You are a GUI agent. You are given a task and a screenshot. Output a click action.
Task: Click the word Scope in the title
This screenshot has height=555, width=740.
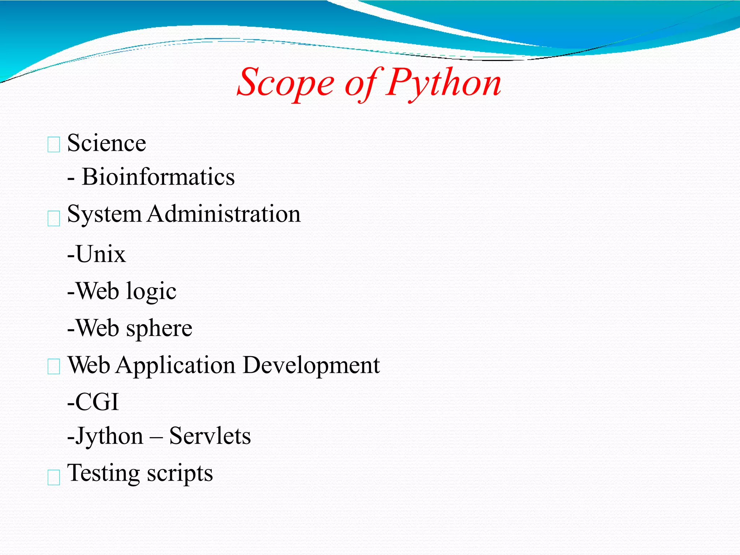coord(285,84)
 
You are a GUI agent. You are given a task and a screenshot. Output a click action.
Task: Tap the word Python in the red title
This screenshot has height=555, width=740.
coord(443,84)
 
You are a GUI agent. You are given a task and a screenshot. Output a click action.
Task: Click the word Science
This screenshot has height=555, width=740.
coord(107,143)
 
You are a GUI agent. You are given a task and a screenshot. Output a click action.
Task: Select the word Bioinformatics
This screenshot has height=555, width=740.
coord(158,177)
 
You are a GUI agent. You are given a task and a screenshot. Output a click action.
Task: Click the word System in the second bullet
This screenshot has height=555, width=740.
coord(104,214)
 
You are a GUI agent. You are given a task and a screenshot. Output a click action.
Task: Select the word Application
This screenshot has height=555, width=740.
coord(176,366)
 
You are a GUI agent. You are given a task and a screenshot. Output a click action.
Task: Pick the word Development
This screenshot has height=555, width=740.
coord(311,366)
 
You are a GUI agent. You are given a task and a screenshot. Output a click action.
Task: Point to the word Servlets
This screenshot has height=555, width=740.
coord(210,436)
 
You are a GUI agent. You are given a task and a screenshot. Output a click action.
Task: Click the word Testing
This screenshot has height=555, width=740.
coord(103,473)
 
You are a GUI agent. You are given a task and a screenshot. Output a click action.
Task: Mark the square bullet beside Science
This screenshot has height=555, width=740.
coord(54,145)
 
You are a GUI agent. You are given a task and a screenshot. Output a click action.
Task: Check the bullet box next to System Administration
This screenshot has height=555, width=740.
coord(54,219)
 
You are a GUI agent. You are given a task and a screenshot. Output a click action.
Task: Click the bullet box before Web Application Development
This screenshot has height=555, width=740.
coord(54,367)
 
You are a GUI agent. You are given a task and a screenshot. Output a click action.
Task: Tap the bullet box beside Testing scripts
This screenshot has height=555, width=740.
coord(54,477)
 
